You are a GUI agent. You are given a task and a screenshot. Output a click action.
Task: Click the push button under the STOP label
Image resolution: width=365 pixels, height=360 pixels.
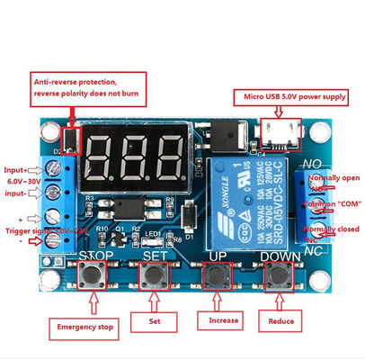click(x=93, y=276)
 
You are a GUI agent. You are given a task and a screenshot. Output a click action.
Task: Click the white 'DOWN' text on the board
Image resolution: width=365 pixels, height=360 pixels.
click(x=280, y=256)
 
